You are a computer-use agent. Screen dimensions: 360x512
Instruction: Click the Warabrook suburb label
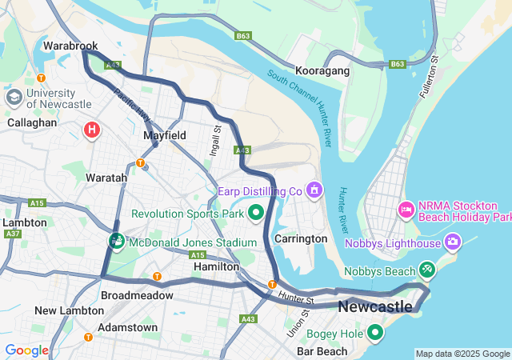coord(71,46)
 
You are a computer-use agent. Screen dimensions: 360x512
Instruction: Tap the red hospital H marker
coord(93,129)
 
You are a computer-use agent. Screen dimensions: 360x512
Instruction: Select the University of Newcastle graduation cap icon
coord(14,98)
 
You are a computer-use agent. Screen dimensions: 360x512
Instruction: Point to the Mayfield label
coord(165,135)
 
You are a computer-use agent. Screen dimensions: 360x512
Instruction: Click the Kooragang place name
coord(322,71)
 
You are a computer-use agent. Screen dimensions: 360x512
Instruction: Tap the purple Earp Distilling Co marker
coord(314,190)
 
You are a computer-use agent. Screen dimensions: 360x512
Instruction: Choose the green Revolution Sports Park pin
coord(256,213)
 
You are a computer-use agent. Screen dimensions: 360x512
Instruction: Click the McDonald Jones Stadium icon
coord(117,241)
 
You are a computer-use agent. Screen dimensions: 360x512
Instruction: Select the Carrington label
coord(301,238)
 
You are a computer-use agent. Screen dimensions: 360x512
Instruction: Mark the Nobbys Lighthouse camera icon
coord(454,242)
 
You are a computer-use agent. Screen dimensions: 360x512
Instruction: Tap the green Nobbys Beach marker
coord(427,271)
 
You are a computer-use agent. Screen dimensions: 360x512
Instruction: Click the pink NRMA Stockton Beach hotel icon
coord(406,210)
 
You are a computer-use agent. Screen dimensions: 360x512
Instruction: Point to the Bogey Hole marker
coord(375,331)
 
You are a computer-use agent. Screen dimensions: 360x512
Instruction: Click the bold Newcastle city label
coord(375,307)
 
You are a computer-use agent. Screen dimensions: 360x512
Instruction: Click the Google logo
coord(26,350)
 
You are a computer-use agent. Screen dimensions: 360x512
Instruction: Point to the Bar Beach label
coord(322,351)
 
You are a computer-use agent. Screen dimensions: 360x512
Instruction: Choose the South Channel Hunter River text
coord(299,108)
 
